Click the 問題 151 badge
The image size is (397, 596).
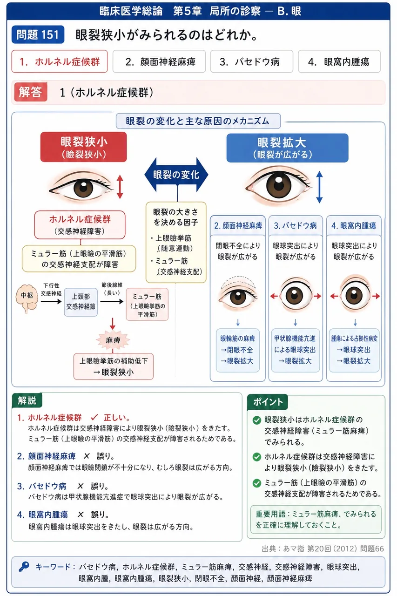(38, 34)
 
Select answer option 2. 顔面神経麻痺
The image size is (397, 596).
(159, 61)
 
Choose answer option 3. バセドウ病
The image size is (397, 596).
(251, 61)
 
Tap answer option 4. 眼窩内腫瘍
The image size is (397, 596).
(339, 61)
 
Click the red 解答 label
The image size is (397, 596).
(31, 92)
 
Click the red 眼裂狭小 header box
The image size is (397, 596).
(83, 147)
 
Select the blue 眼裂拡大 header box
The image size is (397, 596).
(287, 148)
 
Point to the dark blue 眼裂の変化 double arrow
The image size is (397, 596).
(176, 175)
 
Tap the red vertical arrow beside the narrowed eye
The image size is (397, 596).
(120, 187)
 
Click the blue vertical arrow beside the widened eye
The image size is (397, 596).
(319, 187)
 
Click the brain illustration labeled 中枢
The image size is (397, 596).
(27, 298)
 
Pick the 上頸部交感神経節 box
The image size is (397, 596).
(81, 302)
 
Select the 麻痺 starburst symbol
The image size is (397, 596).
(113, 340)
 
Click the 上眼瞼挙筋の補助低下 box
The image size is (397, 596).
(114, 366)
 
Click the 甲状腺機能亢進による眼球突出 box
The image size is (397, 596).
(295, 350)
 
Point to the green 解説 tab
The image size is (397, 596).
(27, 400)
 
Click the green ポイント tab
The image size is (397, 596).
(268, 402)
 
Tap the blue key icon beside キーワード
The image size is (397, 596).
(24, 567)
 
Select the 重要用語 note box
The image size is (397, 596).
(316, 519)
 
